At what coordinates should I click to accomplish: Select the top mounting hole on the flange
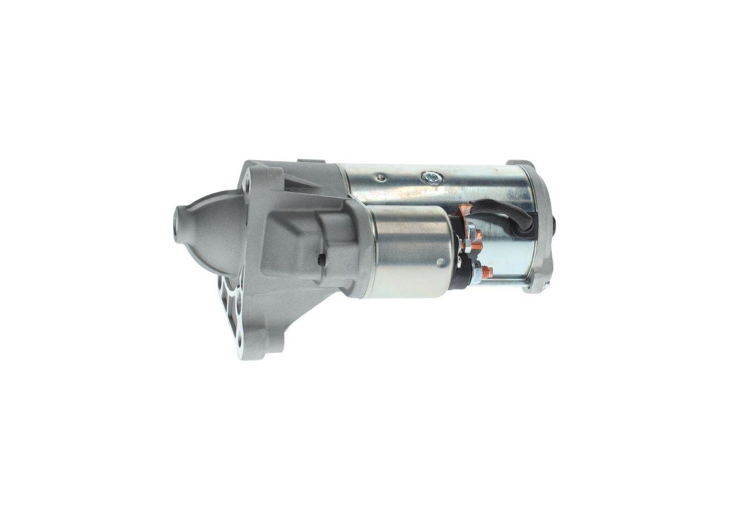(247, 185)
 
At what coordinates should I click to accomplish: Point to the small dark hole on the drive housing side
(322, 260)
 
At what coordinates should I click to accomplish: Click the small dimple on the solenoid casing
(440, 262)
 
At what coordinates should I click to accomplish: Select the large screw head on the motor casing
(432, 178)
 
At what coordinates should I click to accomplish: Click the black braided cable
(501, 211)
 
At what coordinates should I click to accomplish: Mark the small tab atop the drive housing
(310, 162)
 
